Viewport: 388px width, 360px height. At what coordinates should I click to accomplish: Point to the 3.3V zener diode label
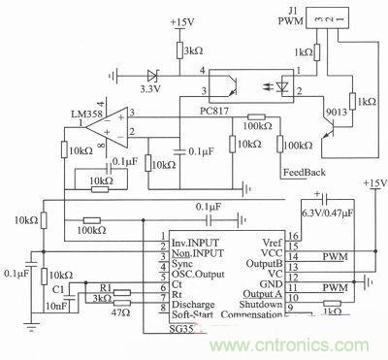pos(152,87)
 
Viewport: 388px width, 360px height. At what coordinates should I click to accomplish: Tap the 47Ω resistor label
pos(119,313)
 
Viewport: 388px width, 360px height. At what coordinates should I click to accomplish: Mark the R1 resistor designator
pos(109,288)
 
